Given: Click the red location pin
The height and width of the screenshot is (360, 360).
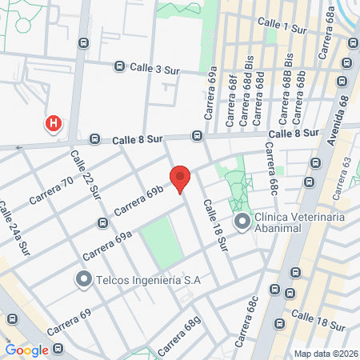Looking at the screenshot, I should coord(180,179).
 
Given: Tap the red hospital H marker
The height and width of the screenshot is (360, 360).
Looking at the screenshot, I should coord(54,124).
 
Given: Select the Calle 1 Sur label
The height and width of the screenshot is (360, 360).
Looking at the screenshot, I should coord(285,28).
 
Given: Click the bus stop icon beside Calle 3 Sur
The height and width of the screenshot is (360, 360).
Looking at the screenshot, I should coord(120,67).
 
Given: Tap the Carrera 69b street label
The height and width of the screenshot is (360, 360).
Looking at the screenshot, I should coord(138,201).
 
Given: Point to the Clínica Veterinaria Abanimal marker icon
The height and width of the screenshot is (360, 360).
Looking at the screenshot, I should coord(242,222).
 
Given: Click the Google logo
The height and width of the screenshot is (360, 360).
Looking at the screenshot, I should coord(27,350).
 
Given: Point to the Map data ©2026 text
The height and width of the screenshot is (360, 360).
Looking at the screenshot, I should coord(324,353).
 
